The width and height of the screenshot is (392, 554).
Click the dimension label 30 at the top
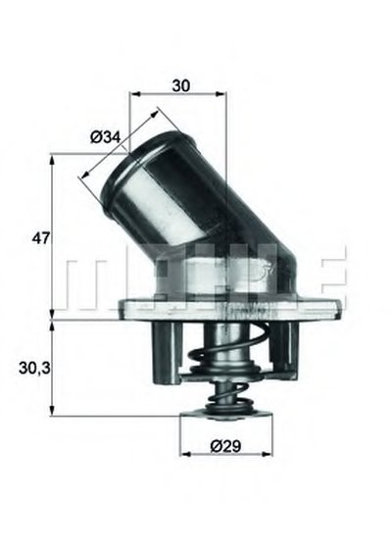pos(181,85)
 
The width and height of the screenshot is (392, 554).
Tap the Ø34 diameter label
pos(105,136)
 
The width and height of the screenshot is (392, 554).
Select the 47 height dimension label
pos(40,238)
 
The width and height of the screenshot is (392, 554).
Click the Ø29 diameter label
pos(225,446)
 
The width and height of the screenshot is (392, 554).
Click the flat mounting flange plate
pos(230,310)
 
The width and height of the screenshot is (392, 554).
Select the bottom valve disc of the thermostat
pos(226,414)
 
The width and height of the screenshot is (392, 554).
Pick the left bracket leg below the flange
pos(167,353)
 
